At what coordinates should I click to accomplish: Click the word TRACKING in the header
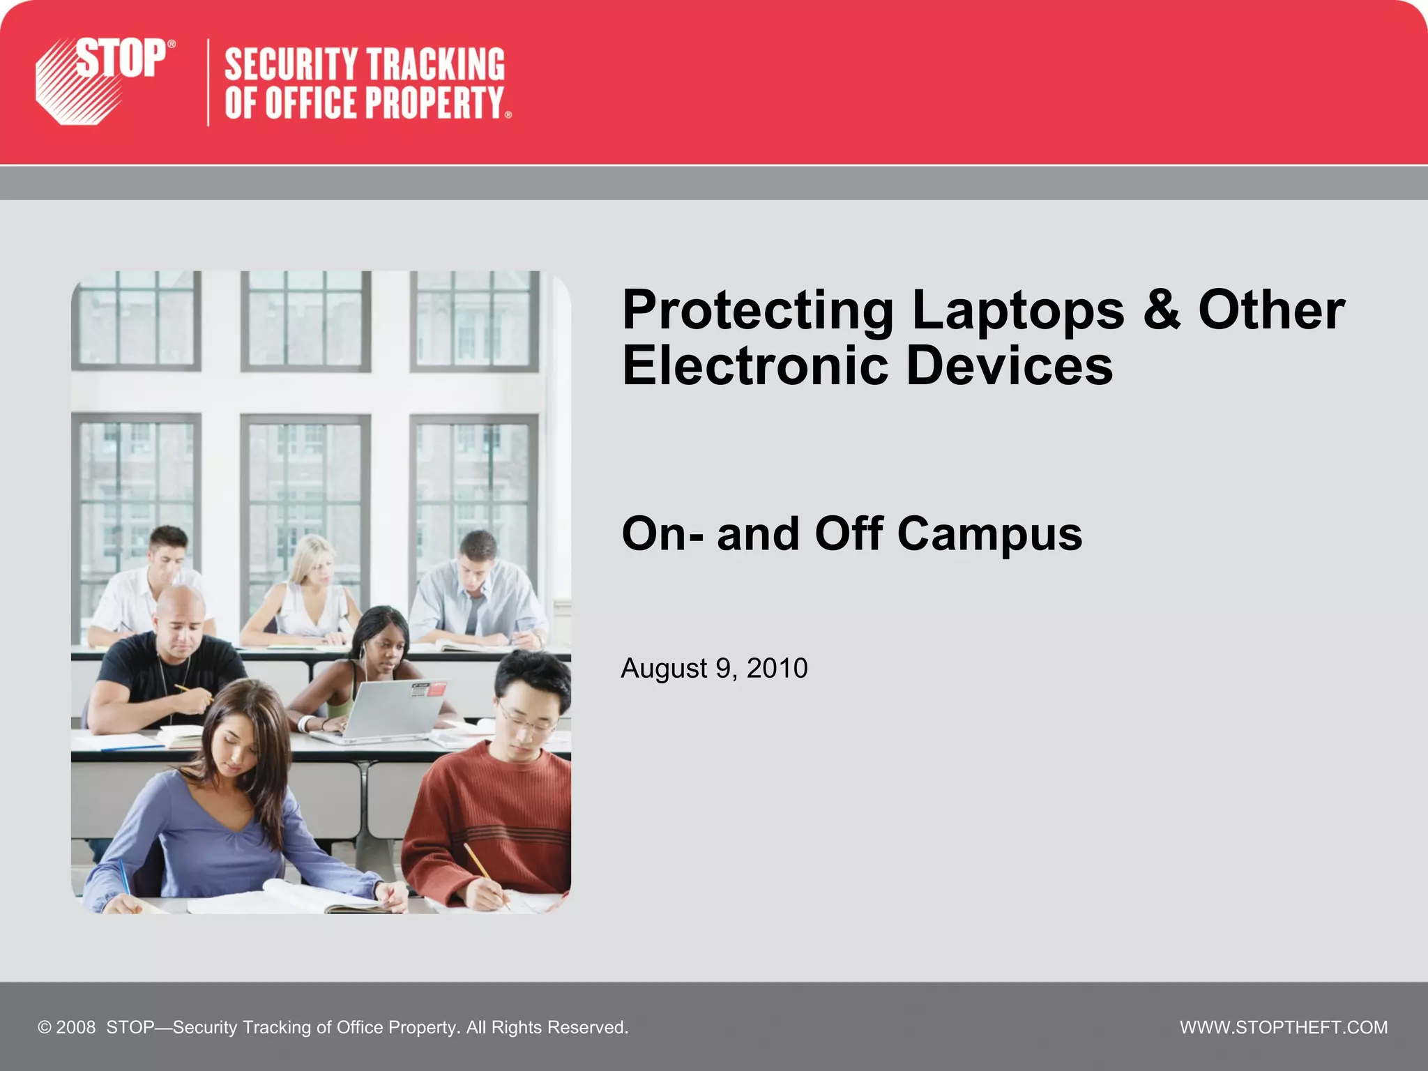pos(436,65)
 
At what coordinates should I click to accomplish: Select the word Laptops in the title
pos(1017,310)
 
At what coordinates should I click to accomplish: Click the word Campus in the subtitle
pos(989,534)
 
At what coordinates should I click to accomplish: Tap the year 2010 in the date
pos(777,668)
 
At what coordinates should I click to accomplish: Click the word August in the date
pos(664,668)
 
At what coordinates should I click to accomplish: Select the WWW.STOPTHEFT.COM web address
pos(1283,1027)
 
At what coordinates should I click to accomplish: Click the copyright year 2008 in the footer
pos(75,1027)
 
